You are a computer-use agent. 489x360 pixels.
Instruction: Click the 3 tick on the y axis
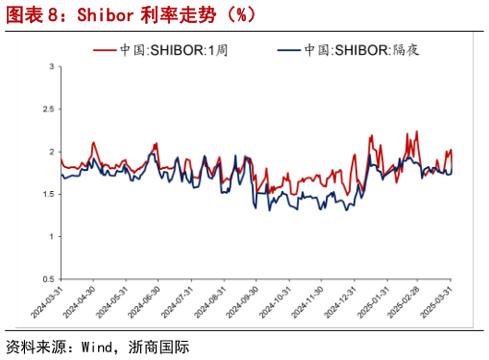(51, 67)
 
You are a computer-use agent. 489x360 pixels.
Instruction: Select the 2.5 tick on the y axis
(47, 109)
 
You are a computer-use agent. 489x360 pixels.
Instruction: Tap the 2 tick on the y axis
(51, 152)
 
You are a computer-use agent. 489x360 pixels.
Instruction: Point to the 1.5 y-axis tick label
(47, 194)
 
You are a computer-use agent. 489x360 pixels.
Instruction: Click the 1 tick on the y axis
(51, 236)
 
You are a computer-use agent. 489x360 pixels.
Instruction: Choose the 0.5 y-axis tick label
(47, 278)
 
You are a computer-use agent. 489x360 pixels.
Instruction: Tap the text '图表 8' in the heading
(29, 15)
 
